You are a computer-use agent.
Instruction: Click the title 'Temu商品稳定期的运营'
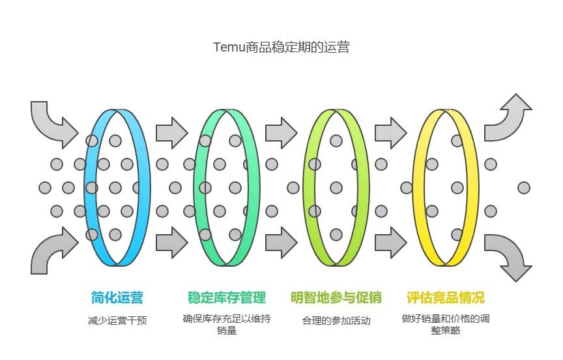[x=281, y=48]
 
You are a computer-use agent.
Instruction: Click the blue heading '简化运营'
[x=117, y=298]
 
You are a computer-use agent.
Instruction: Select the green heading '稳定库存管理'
[x=227, y=298]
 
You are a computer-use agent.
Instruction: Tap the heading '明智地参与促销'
[x=336, y=298]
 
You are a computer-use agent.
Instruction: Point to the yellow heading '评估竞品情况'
[x=446, y=298]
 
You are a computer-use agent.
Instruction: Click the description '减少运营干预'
[x=117, y=321]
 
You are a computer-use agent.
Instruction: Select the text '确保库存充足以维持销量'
[x=227, y=325]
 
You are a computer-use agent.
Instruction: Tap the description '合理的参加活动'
[x=336, y=321]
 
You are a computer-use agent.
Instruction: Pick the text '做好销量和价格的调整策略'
[x=446, y=325]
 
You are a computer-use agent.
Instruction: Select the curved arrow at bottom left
[x=52, y=251]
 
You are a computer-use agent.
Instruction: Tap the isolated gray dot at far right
[x=524, y=188]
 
